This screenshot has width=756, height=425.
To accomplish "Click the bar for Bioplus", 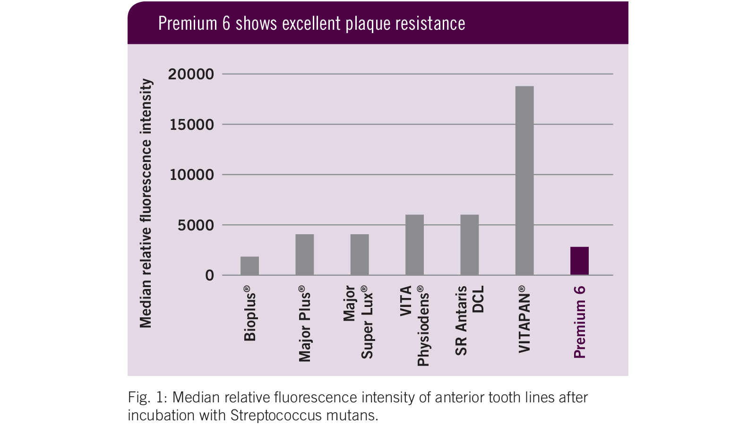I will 249,266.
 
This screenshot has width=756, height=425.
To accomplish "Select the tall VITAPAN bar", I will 524,181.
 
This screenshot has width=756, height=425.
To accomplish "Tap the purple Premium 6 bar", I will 579,261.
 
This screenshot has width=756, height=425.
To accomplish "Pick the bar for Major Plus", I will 304,255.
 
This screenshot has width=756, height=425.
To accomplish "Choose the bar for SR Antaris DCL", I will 469,245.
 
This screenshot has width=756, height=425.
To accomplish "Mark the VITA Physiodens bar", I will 414,245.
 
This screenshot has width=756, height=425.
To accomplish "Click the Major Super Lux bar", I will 360,255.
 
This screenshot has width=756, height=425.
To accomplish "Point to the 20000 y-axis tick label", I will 191,74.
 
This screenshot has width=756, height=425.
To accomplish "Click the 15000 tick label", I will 191,125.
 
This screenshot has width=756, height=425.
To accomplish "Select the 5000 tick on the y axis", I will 196,225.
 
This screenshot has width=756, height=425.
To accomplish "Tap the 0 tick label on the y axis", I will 209,276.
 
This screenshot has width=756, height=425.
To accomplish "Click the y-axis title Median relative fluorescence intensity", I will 146,203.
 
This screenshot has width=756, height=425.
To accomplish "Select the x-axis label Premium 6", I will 580,322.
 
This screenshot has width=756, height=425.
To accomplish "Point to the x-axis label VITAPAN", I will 524,319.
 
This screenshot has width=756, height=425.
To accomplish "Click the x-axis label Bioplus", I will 250,314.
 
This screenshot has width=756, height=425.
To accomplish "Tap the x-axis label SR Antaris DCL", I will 469,320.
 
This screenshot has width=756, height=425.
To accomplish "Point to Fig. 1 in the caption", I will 145,398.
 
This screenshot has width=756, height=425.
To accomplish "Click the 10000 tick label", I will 191,175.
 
